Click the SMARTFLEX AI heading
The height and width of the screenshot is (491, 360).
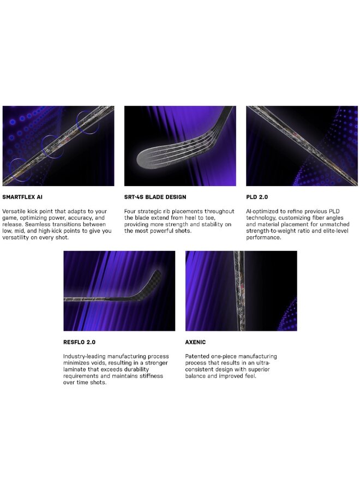22,197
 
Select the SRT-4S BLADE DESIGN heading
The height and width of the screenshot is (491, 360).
155,197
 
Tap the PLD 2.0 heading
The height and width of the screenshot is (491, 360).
257,197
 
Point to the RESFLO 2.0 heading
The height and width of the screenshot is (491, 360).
79,342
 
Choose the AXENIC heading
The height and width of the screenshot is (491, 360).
195,342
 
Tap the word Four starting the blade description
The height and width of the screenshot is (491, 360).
130,211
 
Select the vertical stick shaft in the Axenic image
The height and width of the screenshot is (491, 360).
240,291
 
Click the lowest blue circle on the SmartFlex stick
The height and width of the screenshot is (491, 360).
20,170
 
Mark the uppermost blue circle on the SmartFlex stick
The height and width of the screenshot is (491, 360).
88,122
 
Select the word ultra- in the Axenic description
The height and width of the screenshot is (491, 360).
263,363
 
